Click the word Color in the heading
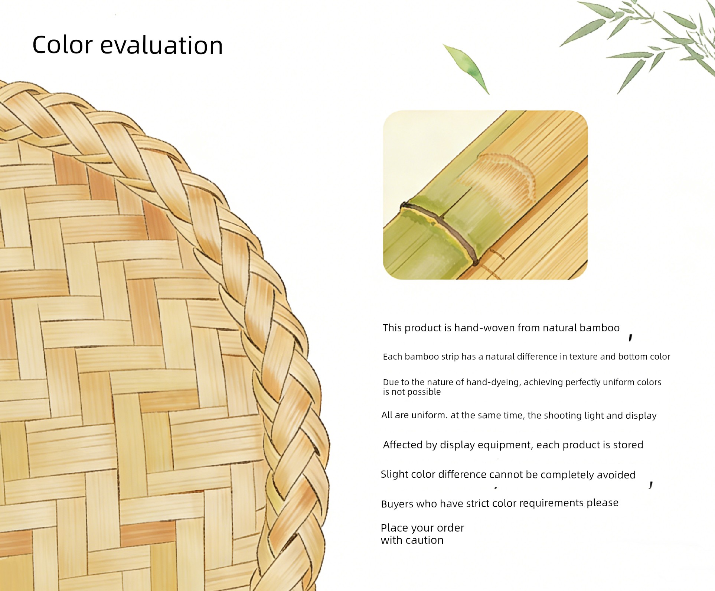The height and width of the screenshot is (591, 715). (62, 45)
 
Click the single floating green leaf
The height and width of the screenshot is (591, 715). (466, 69)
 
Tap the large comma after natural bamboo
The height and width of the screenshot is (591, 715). (630, 338)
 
